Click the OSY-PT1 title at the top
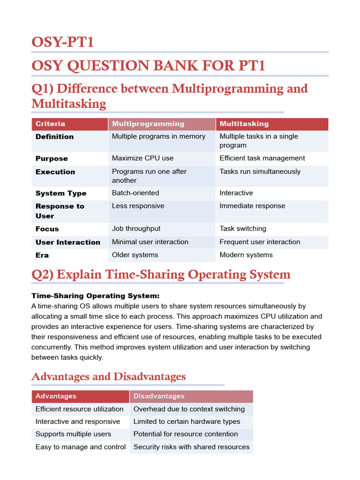click(x=63, y=42)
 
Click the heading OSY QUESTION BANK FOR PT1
click(x=148, y=66)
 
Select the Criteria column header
click(x=50, y=124)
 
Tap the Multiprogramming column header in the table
click(x=148, y=124)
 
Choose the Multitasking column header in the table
click(x=244, y=124)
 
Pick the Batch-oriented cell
click(x=135, y=193)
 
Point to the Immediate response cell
click(x=252, y=206)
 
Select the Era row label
click(x=42, y=255)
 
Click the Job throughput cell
click(x=136, y=228)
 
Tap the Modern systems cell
click(x=246, y=255)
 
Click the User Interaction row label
click(x=68, y=242)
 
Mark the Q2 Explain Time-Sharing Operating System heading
click(x=161, y=274)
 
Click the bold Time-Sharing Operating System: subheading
click(x=95, y=296)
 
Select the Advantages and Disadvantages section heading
click(x=108, y=376)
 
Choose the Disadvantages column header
click(x=158, y=396)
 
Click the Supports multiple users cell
click(x=73, y=434)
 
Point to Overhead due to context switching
click(x=189, y=409)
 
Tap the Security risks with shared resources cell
click(x=191, y=447)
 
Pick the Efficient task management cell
click(x=262, y=158)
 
